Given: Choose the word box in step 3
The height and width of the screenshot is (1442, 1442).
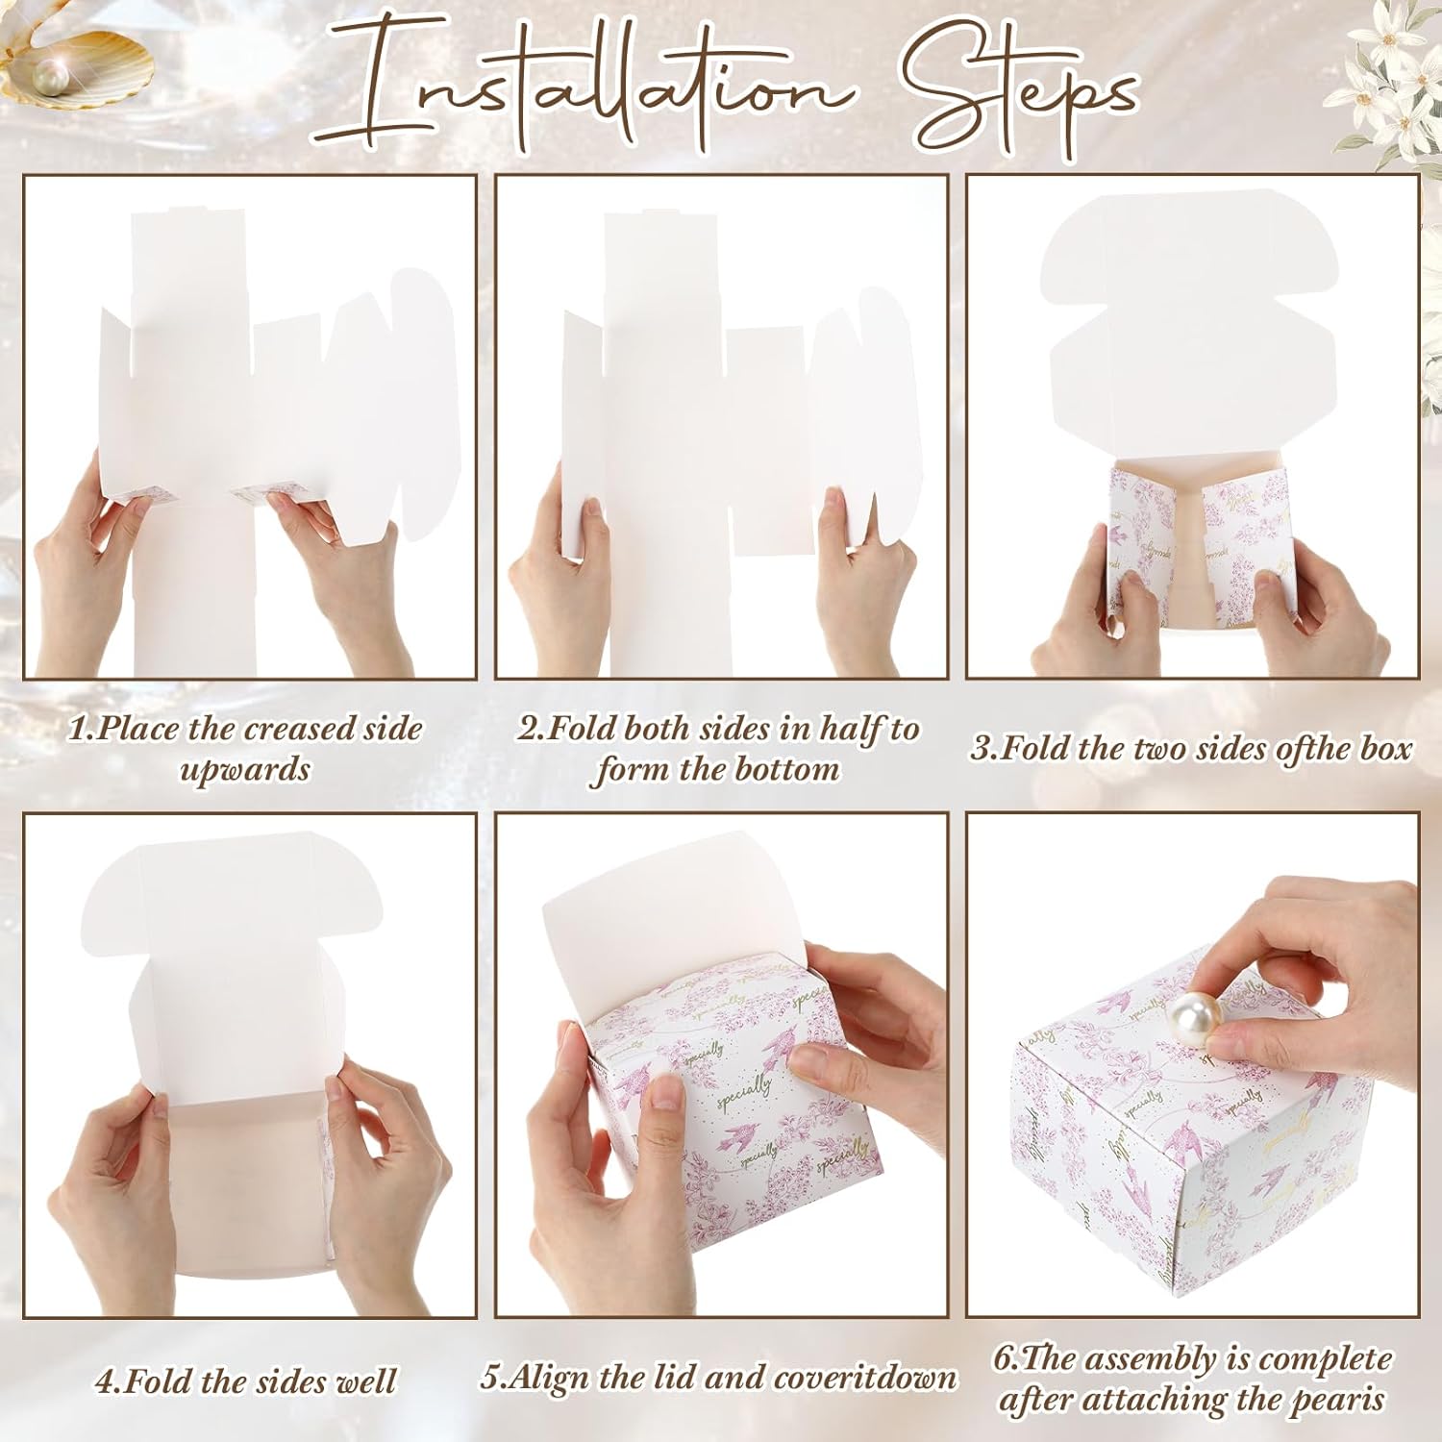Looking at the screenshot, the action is point(1385,748).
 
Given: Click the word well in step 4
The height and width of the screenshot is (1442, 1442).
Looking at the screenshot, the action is point(364,1381).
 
